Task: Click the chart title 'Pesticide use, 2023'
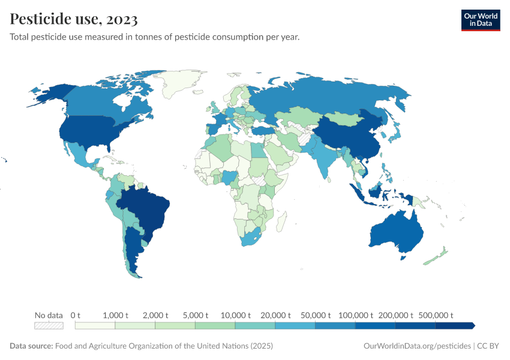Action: (x=74, y=19)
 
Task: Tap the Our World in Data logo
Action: (x=480, y=20)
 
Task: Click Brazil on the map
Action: (x=150, y=210)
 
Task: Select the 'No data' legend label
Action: (x=49, y=315)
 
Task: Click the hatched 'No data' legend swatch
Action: (x=49, y=326)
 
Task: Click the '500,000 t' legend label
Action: (x=436, y=315)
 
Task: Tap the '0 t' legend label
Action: (x=76, y=315)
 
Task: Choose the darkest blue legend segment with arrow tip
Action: (x=455, y=326)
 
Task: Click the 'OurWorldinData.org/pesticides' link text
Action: (x=416, y=346)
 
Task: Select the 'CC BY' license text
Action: (x=488, y=346)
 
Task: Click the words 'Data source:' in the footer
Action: (x=31, y=346)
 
